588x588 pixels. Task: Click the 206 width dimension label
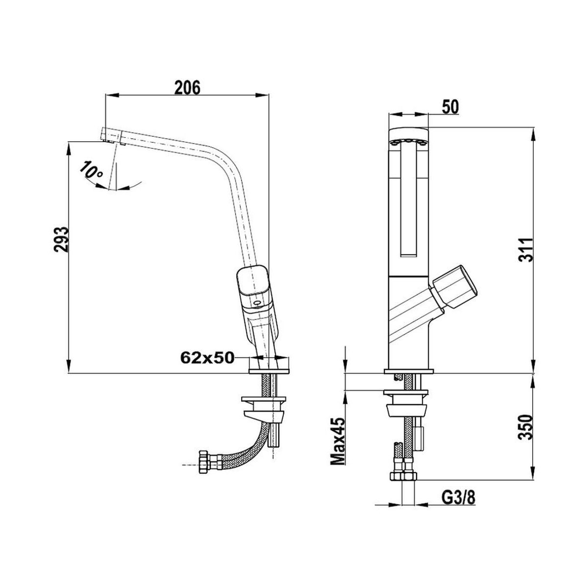pyautogui.click(x=187, y=88)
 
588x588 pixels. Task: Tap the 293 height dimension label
pyautogui.click(x=61, y=240)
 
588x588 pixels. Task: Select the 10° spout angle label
pyautogui.click(x=92, y=170)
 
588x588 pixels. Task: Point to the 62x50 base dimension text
pyautogui.click(x=207, y=357)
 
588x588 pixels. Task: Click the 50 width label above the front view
pyautogui.click(x=450, y=107)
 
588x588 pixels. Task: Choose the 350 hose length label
pyautogui.click(x=526, y=431)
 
